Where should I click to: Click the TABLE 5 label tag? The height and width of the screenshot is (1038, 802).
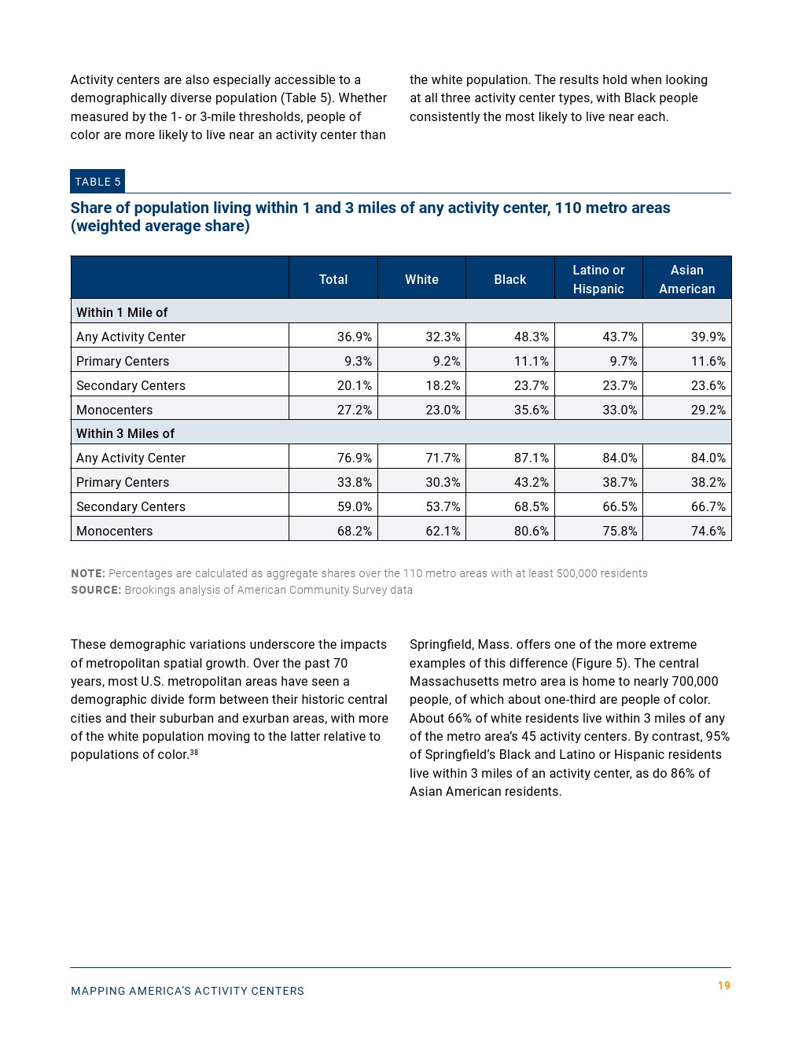coord(97,182)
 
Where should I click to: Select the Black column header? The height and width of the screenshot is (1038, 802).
coord(510,279)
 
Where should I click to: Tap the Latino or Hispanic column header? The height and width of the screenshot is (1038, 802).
coord(598,279)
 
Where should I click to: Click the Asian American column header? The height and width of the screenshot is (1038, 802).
coord(686,279)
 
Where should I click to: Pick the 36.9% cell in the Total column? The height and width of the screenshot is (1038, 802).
coord(354,337)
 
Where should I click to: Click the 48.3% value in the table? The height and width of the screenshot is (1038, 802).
coord(531,337)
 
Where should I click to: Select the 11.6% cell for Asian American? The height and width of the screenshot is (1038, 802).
coord(708,361)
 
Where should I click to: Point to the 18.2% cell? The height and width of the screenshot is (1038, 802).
coord(443,385)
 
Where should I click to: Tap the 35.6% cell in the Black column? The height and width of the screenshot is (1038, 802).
coord(531,410)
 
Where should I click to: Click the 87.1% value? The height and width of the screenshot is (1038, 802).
coord(531,458)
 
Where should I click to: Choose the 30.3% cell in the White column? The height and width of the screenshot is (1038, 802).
coord(443,482)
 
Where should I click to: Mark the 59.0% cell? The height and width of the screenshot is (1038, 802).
coord(354,506)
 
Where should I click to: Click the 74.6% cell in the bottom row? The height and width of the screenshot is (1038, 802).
coord(708,531)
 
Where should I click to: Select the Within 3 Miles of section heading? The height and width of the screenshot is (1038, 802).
coord(125,433)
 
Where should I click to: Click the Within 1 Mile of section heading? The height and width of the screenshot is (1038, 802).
coord(122,312)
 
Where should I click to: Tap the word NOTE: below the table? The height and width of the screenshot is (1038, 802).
coord(87,573)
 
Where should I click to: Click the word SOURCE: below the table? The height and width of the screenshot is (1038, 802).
coord(96,590)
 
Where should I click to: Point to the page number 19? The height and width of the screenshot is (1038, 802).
coord(724,985)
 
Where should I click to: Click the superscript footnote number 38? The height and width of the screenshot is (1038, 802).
coord(194,753)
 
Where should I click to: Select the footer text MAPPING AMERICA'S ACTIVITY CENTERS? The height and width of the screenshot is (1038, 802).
coord(187,991)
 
